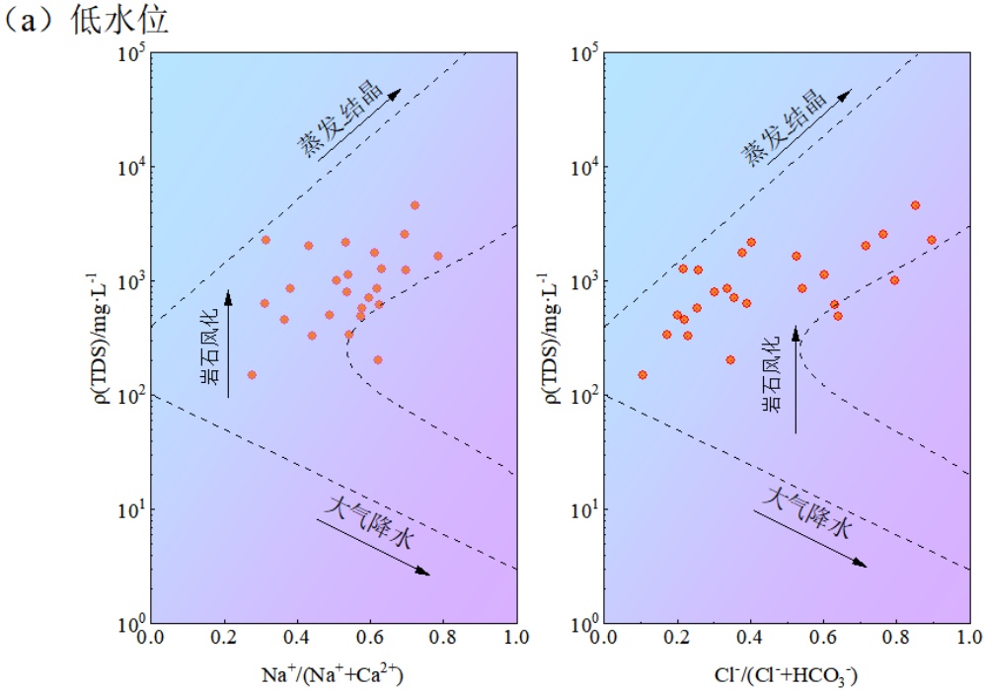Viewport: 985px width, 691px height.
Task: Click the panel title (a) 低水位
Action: tap(87, 21)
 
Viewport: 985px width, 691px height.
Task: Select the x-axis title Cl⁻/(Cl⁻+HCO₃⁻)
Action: tap(787, 674)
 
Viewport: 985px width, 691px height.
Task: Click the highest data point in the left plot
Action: tap(415, 205)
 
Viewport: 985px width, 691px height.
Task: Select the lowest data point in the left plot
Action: tap(252, 375)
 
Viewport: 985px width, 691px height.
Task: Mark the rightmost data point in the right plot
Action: tap(931, 240)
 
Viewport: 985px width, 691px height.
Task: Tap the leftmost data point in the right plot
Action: tap(642, 375)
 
